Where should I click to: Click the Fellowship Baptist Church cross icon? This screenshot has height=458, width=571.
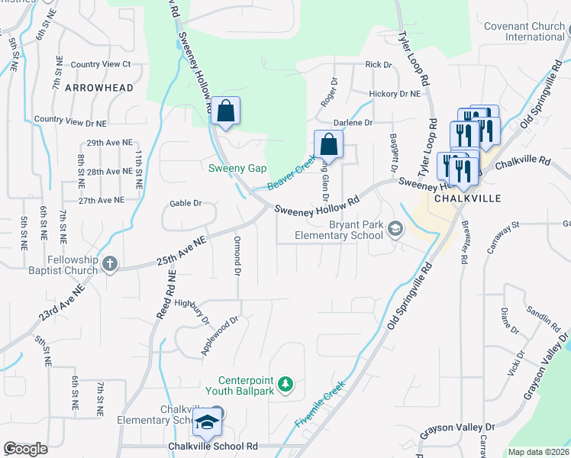coord(110,264)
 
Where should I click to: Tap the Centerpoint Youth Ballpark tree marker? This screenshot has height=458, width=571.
coord(285,383)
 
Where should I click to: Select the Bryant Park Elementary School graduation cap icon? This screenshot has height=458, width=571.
coord(395,228)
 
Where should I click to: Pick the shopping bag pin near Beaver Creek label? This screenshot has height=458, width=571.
coord(328,144)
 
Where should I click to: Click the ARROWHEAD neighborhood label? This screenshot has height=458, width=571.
coord(99,88)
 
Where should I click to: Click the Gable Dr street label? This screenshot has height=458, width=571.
coord(185,203)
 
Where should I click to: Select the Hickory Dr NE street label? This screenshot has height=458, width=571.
coord(395,94)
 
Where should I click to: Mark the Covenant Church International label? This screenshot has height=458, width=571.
coord(524,31)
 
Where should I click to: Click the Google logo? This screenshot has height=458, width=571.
coord(26,449)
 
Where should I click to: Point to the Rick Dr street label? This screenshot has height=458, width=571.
coord(378,65)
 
